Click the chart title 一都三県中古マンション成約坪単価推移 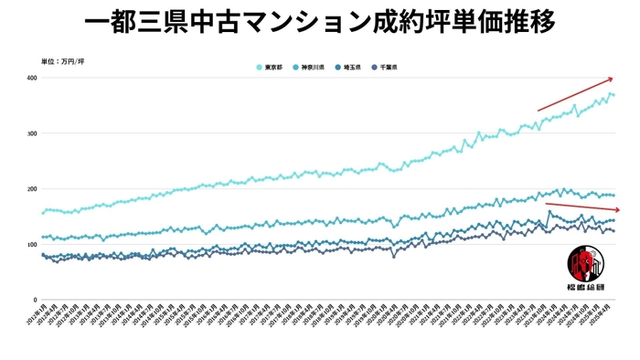click(x=320, y=22)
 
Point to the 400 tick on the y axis click(x=31, y=78)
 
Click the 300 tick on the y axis click(x=31, y=133)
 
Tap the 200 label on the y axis click(x=31, y=189)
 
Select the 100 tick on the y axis click(x=31, y=244)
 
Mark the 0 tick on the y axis click(x=35, y=300)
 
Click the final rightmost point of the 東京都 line click(x=613, y=94)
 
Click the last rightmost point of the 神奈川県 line click(x=613, y=196)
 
